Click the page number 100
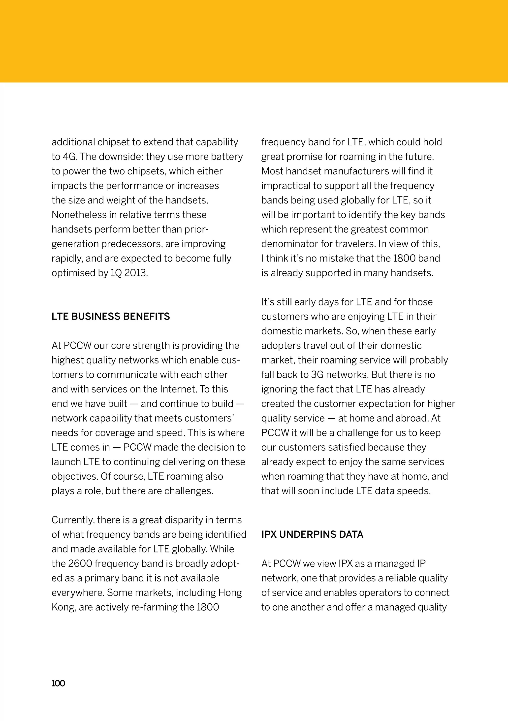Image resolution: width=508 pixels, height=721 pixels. click(x=58, y=683)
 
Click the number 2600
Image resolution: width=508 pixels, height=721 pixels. click(x=80, y=563)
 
